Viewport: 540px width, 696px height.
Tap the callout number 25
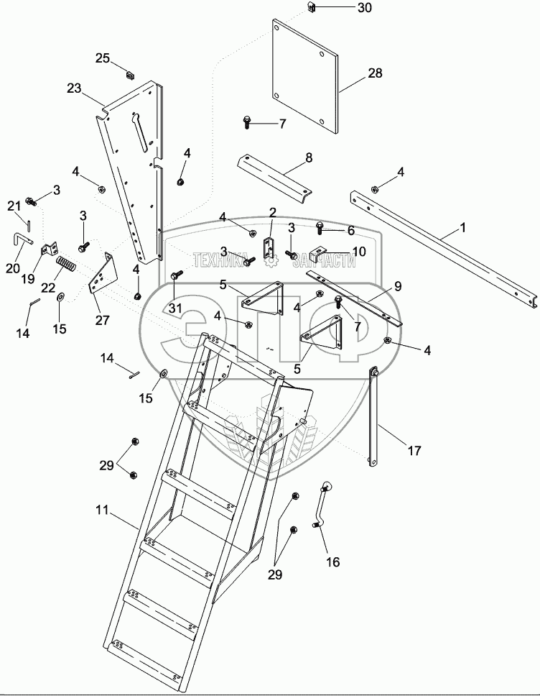103,58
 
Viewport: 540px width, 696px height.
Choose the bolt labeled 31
176,277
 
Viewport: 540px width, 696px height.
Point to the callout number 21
14,206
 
